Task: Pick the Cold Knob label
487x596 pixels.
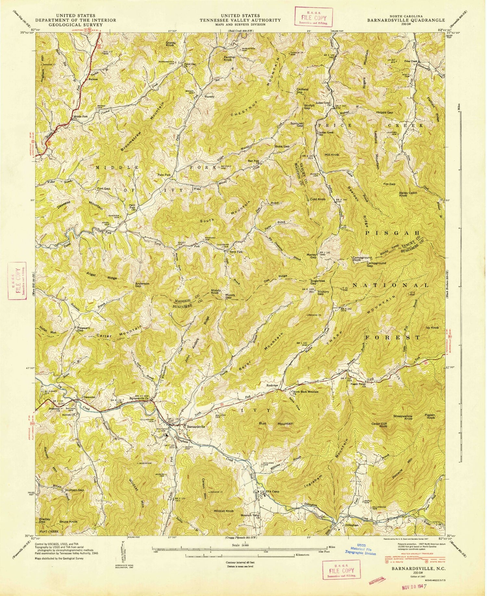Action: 317,199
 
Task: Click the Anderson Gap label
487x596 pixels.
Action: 142,285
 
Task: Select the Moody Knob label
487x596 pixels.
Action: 216,292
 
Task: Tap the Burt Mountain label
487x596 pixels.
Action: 276,424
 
